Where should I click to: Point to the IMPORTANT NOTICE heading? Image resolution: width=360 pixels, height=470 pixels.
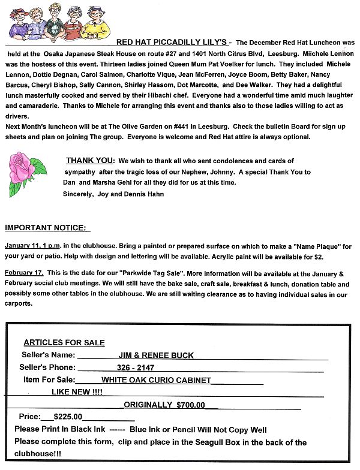click(47, 228)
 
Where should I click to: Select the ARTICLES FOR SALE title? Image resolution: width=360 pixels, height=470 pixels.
click(64, 343)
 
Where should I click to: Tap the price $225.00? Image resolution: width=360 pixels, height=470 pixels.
click(67, 417)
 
